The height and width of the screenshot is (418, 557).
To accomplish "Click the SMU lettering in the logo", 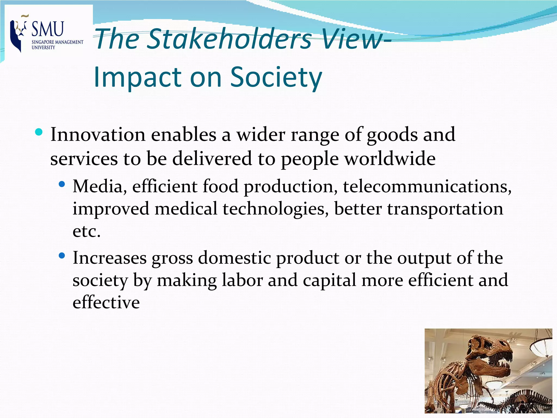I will point(48,29).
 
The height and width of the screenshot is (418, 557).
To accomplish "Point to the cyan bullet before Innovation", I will point(39,132).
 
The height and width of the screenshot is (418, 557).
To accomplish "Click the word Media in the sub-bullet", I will point(97,187).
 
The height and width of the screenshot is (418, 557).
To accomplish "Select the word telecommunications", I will point(427,187).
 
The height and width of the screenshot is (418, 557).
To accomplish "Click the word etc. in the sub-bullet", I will point(86,231).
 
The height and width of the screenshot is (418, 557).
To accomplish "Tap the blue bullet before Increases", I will point(62,256).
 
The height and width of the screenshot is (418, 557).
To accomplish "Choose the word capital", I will point(329,280).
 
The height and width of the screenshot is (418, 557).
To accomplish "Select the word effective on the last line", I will point(106,303).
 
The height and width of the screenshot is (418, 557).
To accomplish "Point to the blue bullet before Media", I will point(62,185).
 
